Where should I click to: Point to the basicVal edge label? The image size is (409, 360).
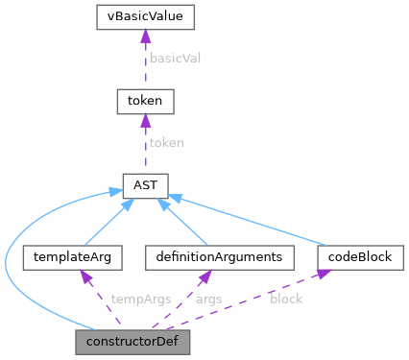(174, 58)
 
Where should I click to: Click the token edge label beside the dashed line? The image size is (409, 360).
(165, 141)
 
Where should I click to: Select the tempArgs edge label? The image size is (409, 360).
(141, 299)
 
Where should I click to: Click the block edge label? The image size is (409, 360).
(287, 299)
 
